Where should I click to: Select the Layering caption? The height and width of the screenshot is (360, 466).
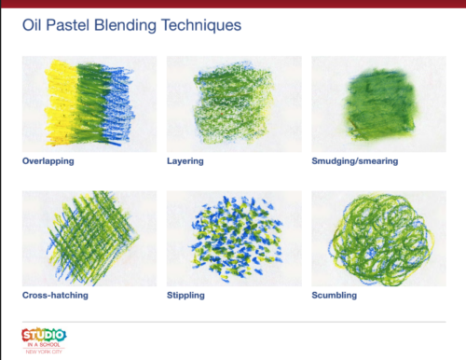pos(185,160)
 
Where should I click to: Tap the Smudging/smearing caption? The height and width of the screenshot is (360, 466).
pos(354,160)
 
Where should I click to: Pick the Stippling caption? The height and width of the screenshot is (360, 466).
pos(186,294)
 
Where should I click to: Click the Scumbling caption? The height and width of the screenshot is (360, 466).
pos(336,294)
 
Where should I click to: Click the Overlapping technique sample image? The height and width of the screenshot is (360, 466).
pos(89,104)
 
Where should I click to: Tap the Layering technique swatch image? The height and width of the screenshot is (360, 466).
pos(233,104)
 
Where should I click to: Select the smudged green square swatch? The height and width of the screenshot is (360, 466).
pos(378,104)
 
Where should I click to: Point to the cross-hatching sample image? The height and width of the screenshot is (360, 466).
pos(89,237)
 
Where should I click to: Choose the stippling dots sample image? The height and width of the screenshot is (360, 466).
pos(233,237)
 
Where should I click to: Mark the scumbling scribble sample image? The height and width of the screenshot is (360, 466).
pos(378,237)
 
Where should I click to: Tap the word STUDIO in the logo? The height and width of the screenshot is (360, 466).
pos(45,332)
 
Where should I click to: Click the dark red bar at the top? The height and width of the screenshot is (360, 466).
pos(233,3)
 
